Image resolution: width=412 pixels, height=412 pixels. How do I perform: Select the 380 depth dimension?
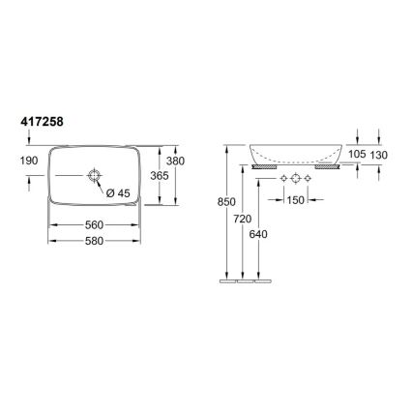click(x=175, y=161)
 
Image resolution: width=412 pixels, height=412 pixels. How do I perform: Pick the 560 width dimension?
click(x=94, y=224)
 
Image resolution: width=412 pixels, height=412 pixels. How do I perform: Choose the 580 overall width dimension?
click(x=94, y=242)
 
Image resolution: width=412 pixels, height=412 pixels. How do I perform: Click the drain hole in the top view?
click(x=95, y=175)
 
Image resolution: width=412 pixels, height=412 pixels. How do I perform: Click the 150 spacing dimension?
click(x=295, y=200)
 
